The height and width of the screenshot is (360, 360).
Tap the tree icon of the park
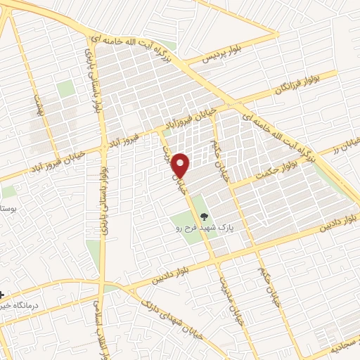pos(204,217)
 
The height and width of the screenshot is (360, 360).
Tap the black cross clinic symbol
pos(2,295)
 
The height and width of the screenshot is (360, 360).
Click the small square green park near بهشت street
pos(65,89)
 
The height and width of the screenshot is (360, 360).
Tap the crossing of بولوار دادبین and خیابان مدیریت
pos(214,261)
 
